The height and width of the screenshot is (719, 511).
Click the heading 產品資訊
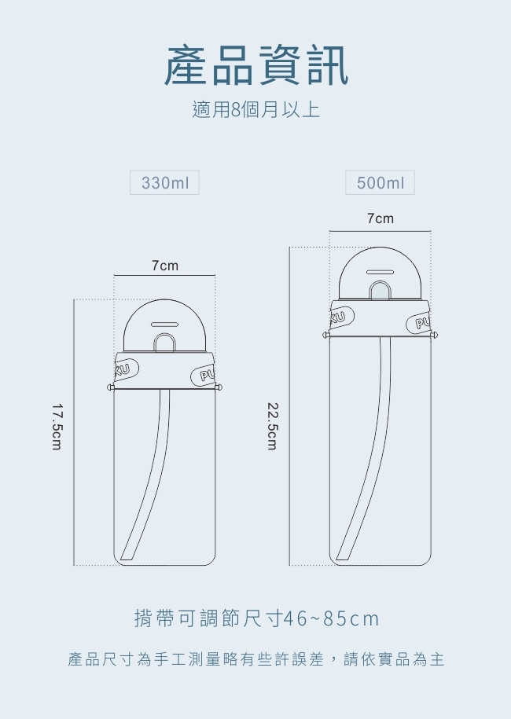click(256, 65)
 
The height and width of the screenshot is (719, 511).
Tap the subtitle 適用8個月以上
click(256, 109)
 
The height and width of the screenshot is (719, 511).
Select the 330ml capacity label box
click(164, 183)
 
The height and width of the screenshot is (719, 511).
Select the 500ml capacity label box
click(380, 183)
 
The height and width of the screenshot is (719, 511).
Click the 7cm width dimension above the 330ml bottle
click(164, 266)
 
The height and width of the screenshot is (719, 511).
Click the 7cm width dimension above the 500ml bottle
click(380, 218)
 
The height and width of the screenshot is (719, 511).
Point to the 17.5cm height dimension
click(57, 427)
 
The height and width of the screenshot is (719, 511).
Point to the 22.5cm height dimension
click(272, 427)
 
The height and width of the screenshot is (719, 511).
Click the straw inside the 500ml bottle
click(369, 464)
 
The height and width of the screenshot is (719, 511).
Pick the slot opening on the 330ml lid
click(164, 323)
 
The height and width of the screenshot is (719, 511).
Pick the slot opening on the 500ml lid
click(380, 269)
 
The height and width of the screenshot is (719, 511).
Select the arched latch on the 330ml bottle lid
click(164, 343)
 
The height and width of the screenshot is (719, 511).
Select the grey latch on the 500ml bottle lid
click(380, 292)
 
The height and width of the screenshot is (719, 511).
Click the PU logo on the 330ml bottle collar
click(204, 376)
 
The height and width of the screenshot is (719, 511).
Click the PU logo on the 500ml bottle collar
click(419, 323)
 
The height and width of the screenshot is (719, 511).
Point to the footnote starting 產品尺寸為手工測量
click(256, 659)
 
